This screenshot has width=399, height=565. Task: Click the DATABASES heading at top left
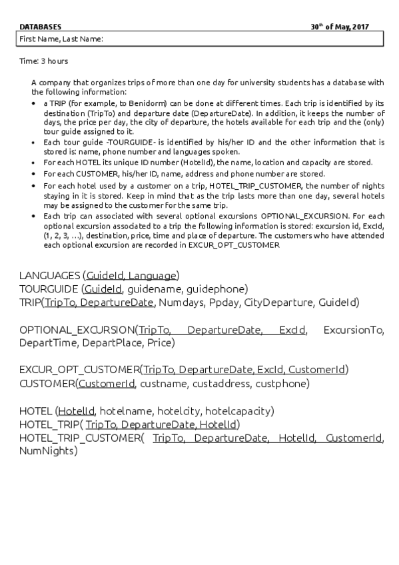point(41,27)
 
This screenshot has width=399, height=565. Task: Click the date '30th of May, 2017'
point(340,27)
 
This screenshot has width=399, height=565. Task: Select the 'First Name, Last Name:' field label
point(61,39)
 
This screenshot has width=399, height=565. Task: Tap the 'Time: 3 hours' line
point(44,61)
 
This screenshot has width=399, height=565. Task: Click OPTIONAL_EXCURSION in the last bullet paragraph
point(304,217)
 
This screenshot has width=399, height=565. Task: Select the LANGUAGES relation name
point(50,275)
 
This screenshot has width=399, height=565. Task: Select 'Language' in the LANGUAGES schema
point(153,275)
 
